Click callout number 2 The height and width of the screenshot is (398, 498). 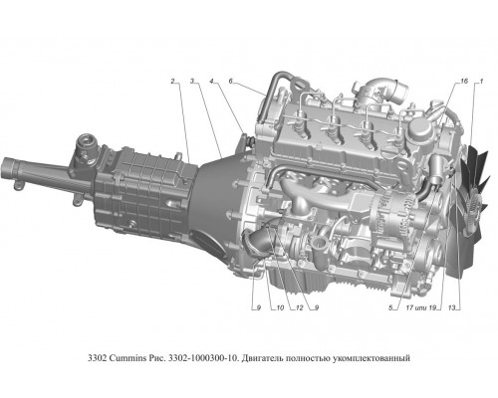[x=172, y=82]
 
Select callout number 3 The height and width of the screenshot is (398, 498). [x=192, y=82]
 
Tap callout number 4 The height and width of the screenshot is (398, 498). [x=212, y=82]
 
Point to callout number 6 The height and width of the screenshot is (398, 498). [x=231, y=82]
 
